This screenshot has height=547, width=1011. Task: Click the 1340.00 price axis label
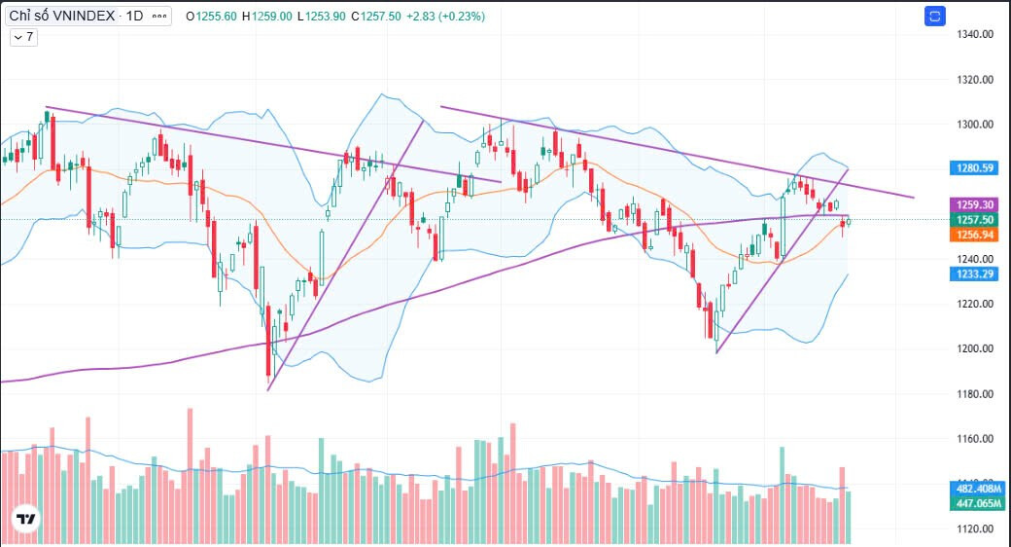click(x=973, y=35)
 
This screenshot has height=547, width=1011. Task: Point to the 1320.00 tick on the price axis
click(x=973, y=80)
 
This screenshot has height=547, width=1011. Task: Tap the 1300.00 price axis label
click(x=973, y=125)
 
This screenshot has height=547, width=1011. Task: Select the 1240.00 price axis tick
click(x=973, y=259)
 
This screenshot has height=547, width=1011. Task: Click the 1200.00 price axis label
click(x=973, y=348)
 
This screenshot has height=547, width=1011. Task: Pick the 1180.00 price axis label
click(x=973, y=394)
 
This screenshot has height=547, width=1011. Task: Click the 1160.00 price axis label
click(x=973, y=439)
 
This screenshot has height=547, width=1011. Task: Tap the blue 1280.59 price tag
click(x=973, y=168)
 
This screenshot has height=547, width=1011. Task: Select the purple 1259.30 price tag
click(x=973, y=205)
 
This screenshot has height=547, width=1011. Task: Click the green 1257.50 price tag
click(x=973, y=220)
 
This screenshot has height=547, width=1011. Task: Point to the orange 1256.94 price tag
click(x=973, y=235)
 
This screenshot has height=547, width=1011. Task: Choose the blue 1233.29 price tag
click(x=973, y=274)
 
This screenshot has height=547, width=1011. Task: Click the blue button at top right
click(x=935, y=16)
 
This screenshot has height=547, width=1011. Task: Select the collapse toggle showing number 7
click(x=23, y=37)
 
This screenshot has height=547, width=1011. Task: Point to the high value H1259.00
click(x=266, y=17)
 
